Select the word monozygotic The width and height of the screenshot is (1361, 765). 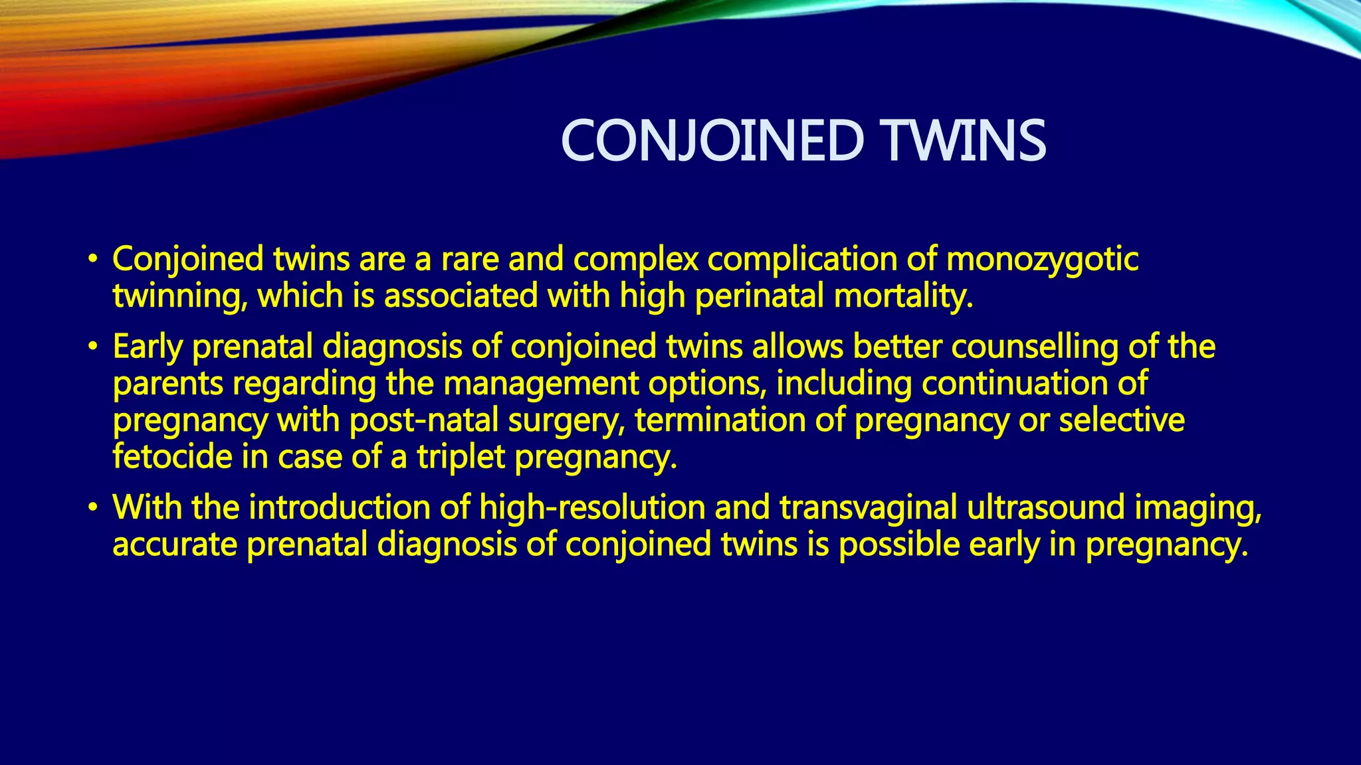1042,260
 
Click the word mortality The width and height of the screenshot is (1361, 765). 903,296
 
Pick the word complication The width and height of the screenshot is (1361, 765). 802,260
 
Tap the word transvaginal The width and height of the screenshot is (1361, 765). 869,508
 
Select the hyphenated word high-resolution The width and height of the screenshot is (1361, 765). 592,508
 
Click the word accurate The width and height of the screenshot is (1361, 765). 175,545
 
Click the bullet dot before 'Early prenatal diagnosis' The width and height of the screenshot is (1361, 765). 94,347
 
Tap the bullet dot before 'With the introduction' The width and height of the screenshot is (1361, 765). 94,509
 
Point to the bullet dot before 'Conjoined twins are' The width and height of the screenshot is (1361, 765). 94,260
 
